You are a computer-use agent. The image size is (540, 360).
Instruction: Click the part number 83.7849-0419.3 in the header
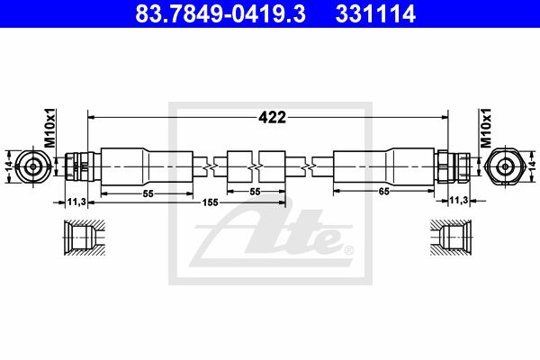[220, 13]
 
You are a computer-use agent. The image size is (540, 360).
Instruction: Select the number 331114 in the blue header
[375, 13]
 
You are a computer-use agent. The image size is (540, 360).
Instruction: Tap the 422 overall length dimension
[272, 118]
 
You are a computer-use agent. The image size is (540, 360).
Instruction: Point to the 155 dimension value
[210, 202]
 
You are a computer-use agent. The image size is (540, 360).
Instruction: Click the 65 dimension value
[383, 191]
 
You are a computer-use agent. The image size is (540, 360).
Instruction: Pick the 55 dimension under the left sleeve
[148, 194]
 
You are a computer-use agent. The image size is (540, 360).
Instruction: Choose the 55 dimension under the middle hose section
[256, 192]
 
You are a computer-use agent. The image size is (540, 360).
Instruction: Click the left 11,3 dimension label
[76, 202]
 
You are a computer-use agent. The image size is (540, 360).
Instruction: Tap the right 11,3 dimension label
[459, 200]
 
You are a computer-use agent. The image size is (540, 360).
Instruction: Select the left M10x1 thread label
[50, 128]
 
